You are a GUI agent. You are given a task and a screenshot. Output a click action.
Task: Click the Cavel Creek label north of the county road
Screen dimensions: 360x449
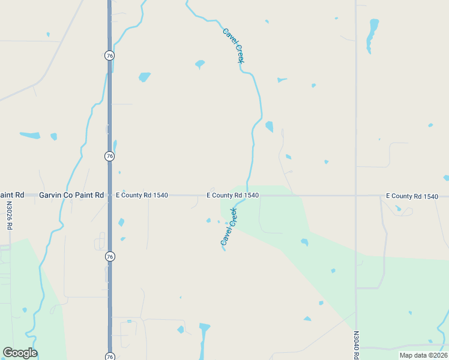pyautogui.click(x=233, y=46)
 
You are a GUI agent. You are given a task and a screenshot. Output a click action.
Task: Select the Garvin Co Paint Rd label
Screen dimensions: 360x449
pyautogui.click(x=71, y=196)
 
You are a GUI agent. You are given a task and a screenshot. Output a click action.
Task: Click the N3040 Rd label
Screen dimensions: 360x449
pyautogui.click(x=356, y=344)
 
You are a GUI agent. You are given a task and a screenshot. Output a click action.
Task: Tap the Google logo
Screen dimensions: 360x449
pyautogui.click(x=20, y=353)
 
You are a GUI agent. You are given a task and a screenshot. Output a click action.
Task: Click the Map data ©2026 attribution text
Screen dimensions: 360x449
pyautogui.click(x=423, y=355)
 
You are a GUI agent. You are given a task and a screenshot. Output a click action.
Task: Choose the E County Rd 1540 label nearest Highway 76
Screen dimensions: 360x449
pyautogui.click(x=142, y=196)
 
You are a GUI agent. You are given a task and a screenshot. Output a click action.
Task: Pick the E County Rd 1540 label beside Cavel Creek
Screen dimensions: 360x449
pyautogui.click(x=233, y=196)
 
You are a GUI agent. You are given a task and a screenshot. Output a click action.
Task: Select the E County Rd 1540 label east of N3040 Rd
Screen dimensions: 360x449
pyautogui.click(x=412, y=196)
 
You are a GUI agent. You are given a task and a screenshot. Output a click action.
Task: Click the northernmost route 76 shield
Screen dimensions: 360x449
pyautogui.click(x=109, y=55)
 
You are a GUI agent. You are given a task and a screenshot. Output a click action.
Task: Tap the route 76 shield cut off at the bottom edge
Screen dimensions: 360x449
pyautogui.click(x=109, y=356)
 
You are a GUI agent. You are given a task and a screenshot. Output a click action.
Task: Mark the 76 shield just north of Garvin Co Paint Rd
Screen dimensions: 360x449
pyautogui.click(x=109, y=156)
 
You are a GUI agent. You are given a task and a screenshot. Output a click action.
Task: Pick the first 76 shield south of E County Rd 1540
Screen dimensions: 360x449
pyautogui.click(x=109, y=256)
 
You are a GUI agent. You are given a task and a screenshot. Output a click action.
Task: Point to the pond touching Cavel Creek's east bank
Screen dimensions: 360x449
pyautogui.click(x=269, y=126)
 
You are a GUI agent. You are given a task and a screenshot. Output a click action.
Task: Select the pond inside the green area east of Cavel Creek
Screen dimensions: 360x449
pyautogui.click(x=304, y=242)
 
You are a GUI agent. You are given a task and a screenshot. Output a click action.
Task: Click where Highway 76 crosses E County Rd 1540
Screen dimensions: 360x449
pyautogui.click(x=109, y=196)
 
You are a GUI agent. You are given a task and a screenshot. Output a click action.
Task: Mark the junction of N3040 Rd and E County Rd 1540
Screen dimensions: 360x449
pyautogui.click(x=356, y=196)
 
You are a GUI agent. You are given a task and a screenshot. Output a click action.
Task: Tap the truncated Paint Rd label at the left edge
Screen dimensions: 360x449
pyautogui.click(x=11, y=196)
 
